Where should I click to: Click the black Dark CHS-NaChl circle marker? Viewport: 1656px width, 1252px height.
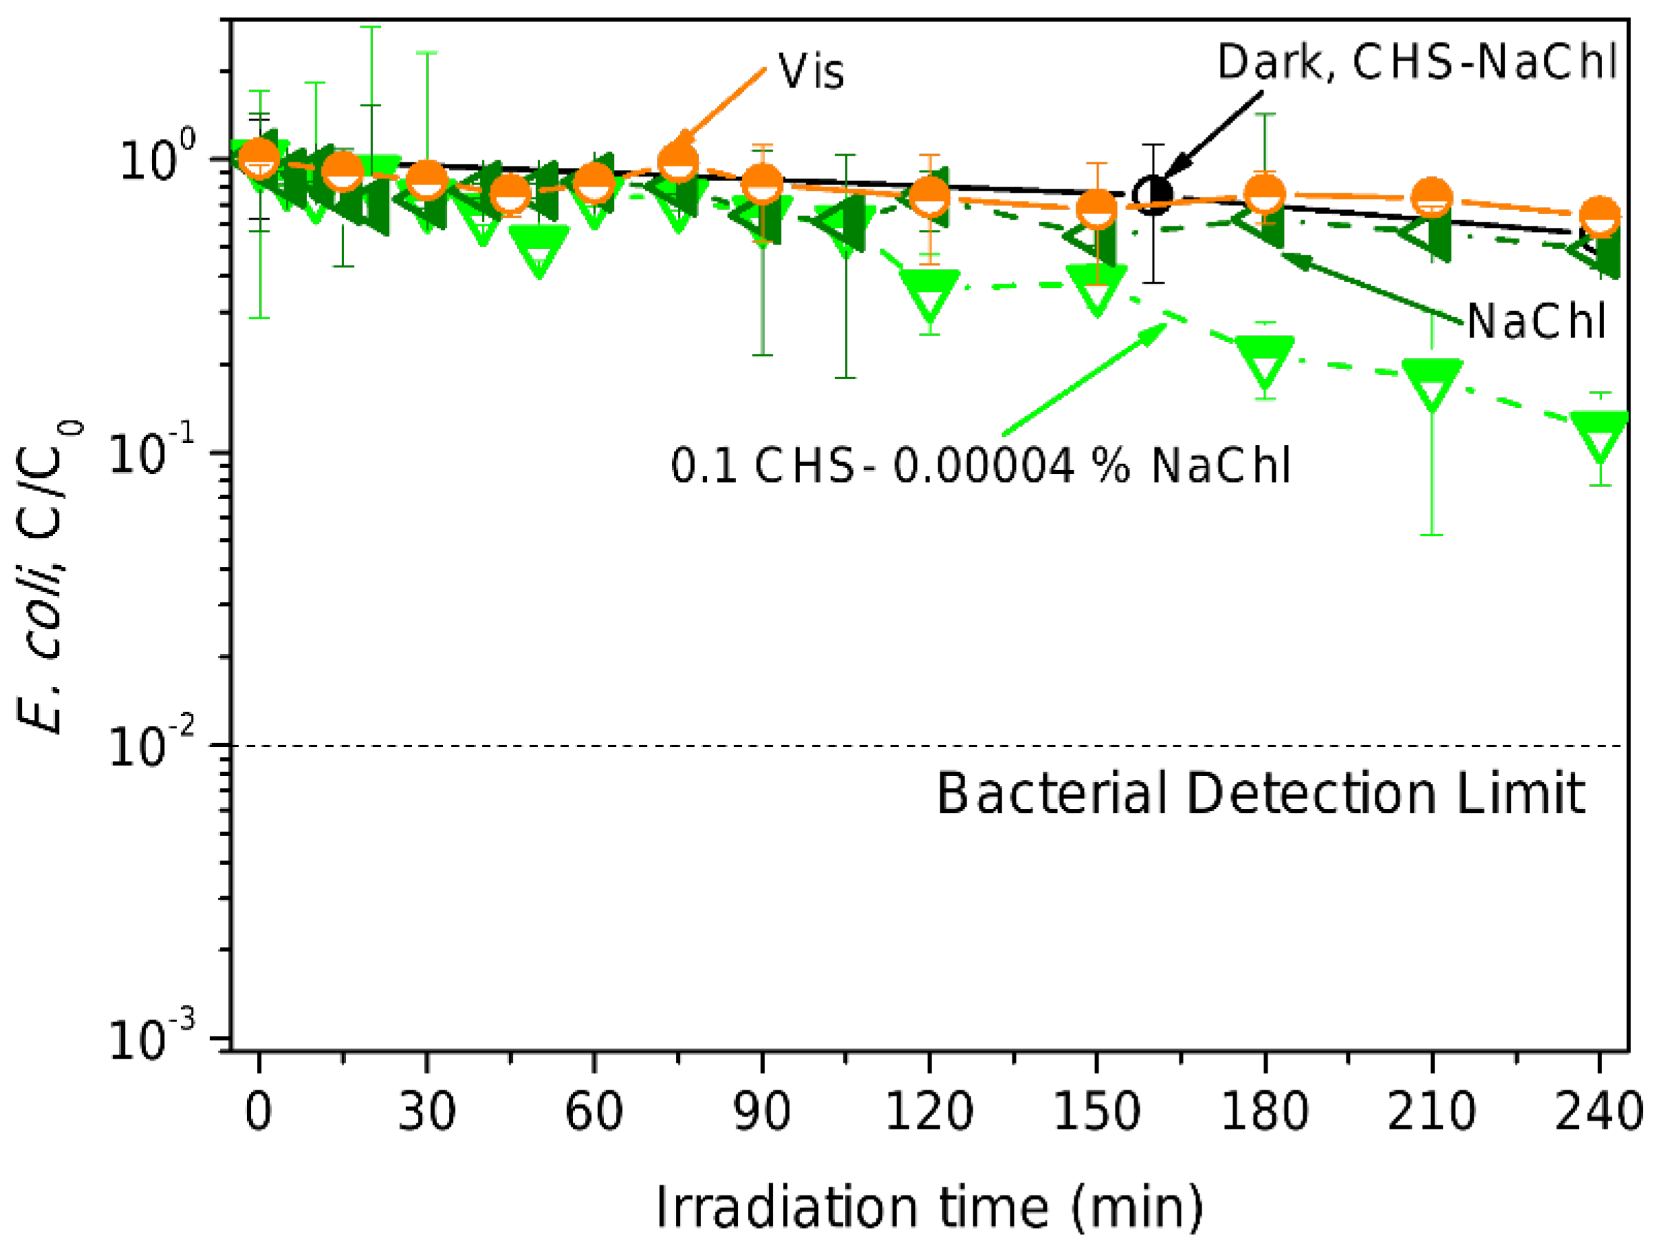pyautogui.click(x=1153, y=195)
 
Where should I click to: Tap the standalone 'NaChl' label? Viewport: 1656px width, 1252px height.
pyautogui.click(x=1536, y=322)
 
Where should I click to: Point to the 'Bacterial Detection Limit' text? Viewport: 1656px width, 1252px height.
pyautogui.click(x=1261, y=794)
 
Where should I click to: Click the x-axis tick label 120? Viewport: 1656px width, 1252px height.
pyautogui.click(x=929, y=1111)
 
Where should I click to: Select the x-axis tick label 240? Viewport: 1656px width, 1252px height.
pyautogui.click(x=1598, y=1111)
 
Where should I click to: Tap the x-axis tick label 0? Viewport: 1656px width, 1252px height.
pyautogui.click(x=258, y=1111)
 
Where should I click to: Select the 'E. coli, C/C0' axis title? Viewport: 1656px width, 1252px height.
pyautogui.click(x=49, y=576)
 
